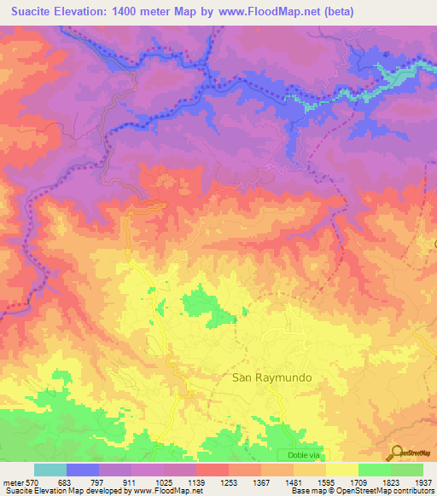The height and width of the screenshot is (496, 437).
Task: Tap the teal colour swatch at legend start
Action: point(50,470)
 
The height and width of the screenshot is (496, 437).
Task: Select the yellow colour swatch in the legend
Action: point(341,470)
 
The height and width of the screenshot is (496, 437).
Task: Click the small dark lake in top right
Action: point(386,55)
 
